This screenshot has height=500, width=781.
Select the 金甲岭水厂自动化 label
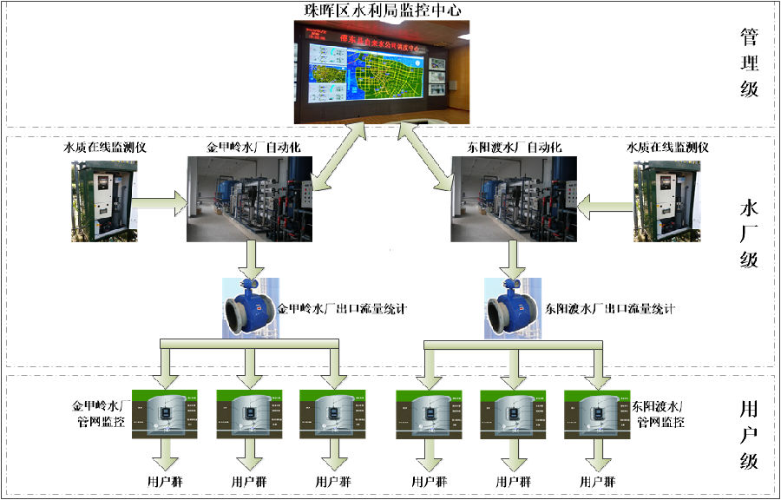pos(253,147)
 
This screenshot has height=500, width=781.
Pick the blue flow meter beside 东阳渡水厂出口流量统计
pos(513,308)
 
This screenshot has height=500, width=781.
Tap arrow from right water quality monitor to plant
pos(604,206)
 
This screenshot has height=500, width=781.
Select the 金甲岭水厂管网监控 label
pos(100,413)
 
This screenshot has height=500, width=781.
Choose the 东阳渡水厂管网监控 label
pos(660,413)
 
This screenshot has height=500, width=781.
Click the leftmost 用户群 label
pos(165,481)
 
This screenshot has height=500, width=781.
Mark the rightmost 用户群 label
pos(598,481)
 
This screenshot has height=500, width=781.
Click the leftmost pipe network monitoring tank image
pos(165,414)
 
